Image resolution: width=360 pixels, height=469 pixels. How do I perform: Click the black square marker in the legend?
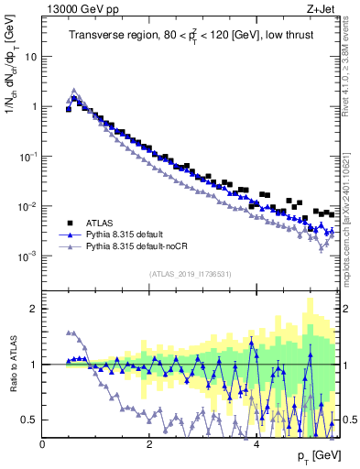(x=69, y=223)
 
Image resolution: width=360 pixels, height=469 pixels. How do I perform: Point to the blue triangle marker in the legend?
(x=69, y=234)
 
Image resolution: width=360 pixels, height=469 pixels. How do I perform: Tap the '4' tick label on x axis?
(x=256, y=444)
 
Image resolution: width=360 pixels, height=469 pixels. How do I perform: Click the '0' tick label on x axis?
(x=43, y=444)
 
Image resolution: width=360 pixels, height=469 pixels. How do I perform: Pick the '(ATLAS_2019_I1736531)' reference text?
(x=189, y=273)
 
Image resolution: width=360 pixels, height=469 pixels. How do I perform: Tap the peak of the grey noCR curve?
(x=74, y=91)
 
